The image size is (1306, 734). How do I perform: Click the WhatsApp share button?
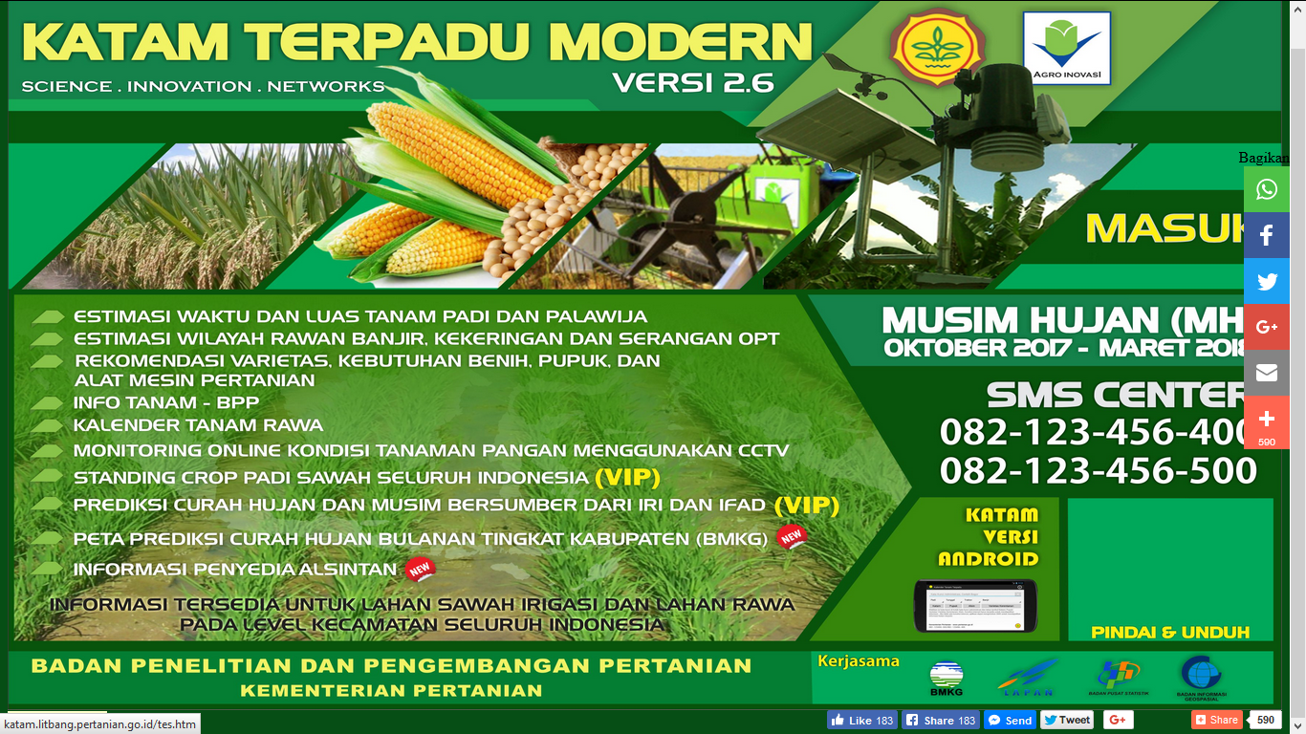1267,189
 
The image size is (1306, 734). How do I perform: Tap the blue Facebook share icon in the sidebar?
1267,235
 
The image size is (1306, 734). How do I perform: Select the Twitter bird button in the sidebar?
1267,281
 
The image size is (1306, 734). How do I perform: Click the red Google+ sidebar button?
1267,327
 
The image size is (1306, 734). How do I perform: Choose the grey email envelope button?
1267,373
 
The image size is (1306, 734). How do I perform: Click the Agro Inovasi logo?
1066,48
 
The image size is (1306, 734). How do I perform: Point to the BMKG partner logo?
946,678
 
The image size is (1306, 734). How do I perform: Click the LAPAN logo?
1027,678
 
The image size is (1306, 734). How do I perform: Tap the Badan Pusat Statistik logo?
1118,678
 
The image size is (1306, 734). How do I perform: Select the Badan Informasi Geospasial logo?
1202,678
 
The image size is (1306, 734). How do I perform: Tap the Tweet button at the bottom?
1067,720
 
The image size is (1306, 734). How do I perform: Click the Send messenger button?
1010,720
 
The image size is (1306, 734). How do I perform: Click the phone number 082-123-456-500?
1098,471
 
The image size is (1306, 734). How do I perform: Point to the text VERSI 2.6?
693,82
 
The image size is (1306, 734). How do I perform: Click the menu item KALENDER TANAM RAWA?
198,425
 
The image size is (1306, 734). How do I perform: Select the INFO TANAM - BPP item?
165,402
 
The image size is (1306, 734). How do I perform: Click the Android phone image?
976,604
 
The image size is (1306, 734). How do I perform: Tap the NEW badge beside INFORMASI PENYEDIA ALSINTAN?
421,570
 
